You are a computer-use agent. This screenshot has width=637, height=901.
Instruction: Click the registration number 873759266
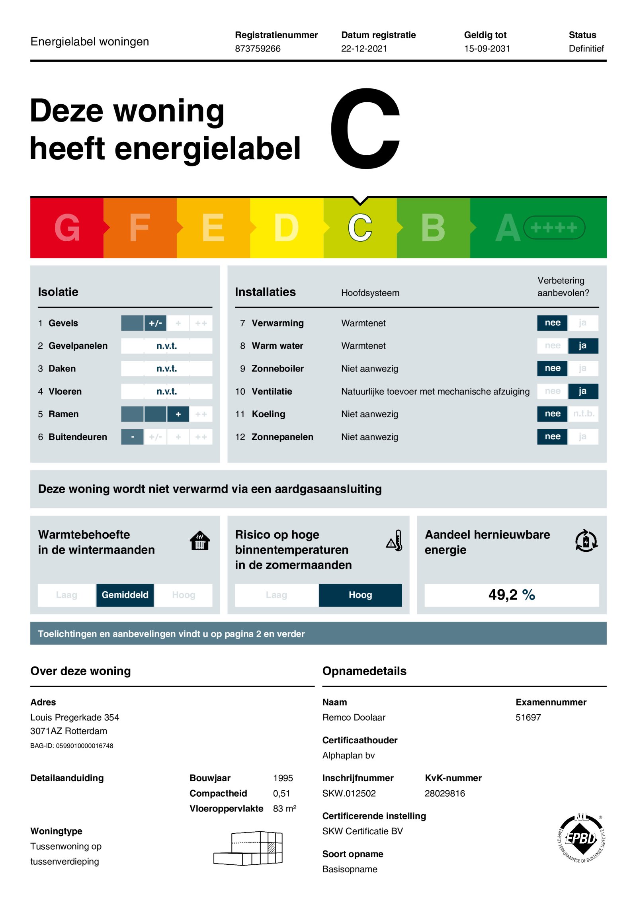click(x=258, y=49)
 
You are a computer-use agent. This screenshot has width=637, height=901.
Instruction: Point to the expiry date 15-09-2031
click(x=487, y=49)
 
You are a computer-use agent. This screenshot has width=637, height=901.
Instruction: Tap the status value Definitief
click(x=586, y=49)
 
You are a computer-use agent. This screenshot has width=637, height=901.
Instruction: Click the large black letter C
click(x=365, y=128)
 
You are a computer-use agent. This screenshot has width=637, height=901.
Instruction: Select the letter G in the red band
click(x=67, y=228)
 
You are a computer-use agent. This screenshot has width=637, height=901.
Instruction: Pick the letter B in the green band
click(x=433, y=228)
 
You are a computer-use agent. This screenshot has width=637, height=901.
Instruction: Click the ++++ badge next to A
click(x=554, y=228)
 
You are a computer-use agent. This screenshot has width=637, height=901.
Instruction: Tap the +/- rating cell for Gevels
click(x=155, y=323)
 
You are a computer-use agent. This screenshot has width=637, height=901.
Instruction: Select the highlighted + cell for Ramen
click(x=178, y=414)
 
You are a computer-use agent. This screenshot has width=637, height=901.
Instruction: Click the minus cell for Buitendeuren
click(x=132, y=437)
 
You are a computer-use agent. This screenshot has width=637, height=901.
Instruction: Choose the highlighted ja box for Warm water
click(x=582, y=346)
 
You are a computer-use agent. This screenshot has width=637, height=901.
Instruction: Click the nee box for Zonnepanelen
click(x=552, y=437)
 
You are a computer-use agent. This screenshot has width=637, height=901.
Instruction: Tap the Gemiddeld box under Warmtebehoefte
click(x=125, y=595)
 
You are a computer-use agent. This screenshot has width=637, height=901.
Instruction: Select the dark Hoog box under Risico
click(x=360, y=595)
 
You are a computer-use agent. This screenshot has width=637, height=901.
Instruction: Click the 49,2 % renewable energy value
click(x=512, y=595)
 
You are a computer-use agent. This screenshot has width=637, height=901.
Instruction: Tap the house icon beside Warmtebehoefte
click(x=200, y=541)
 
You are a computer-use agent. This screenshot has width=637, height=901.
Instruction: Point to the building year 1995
click(x=283, y=778)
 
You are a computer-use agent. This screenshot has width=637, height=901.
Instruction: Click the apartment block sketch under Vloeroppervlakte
click(x=249, y=848)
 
